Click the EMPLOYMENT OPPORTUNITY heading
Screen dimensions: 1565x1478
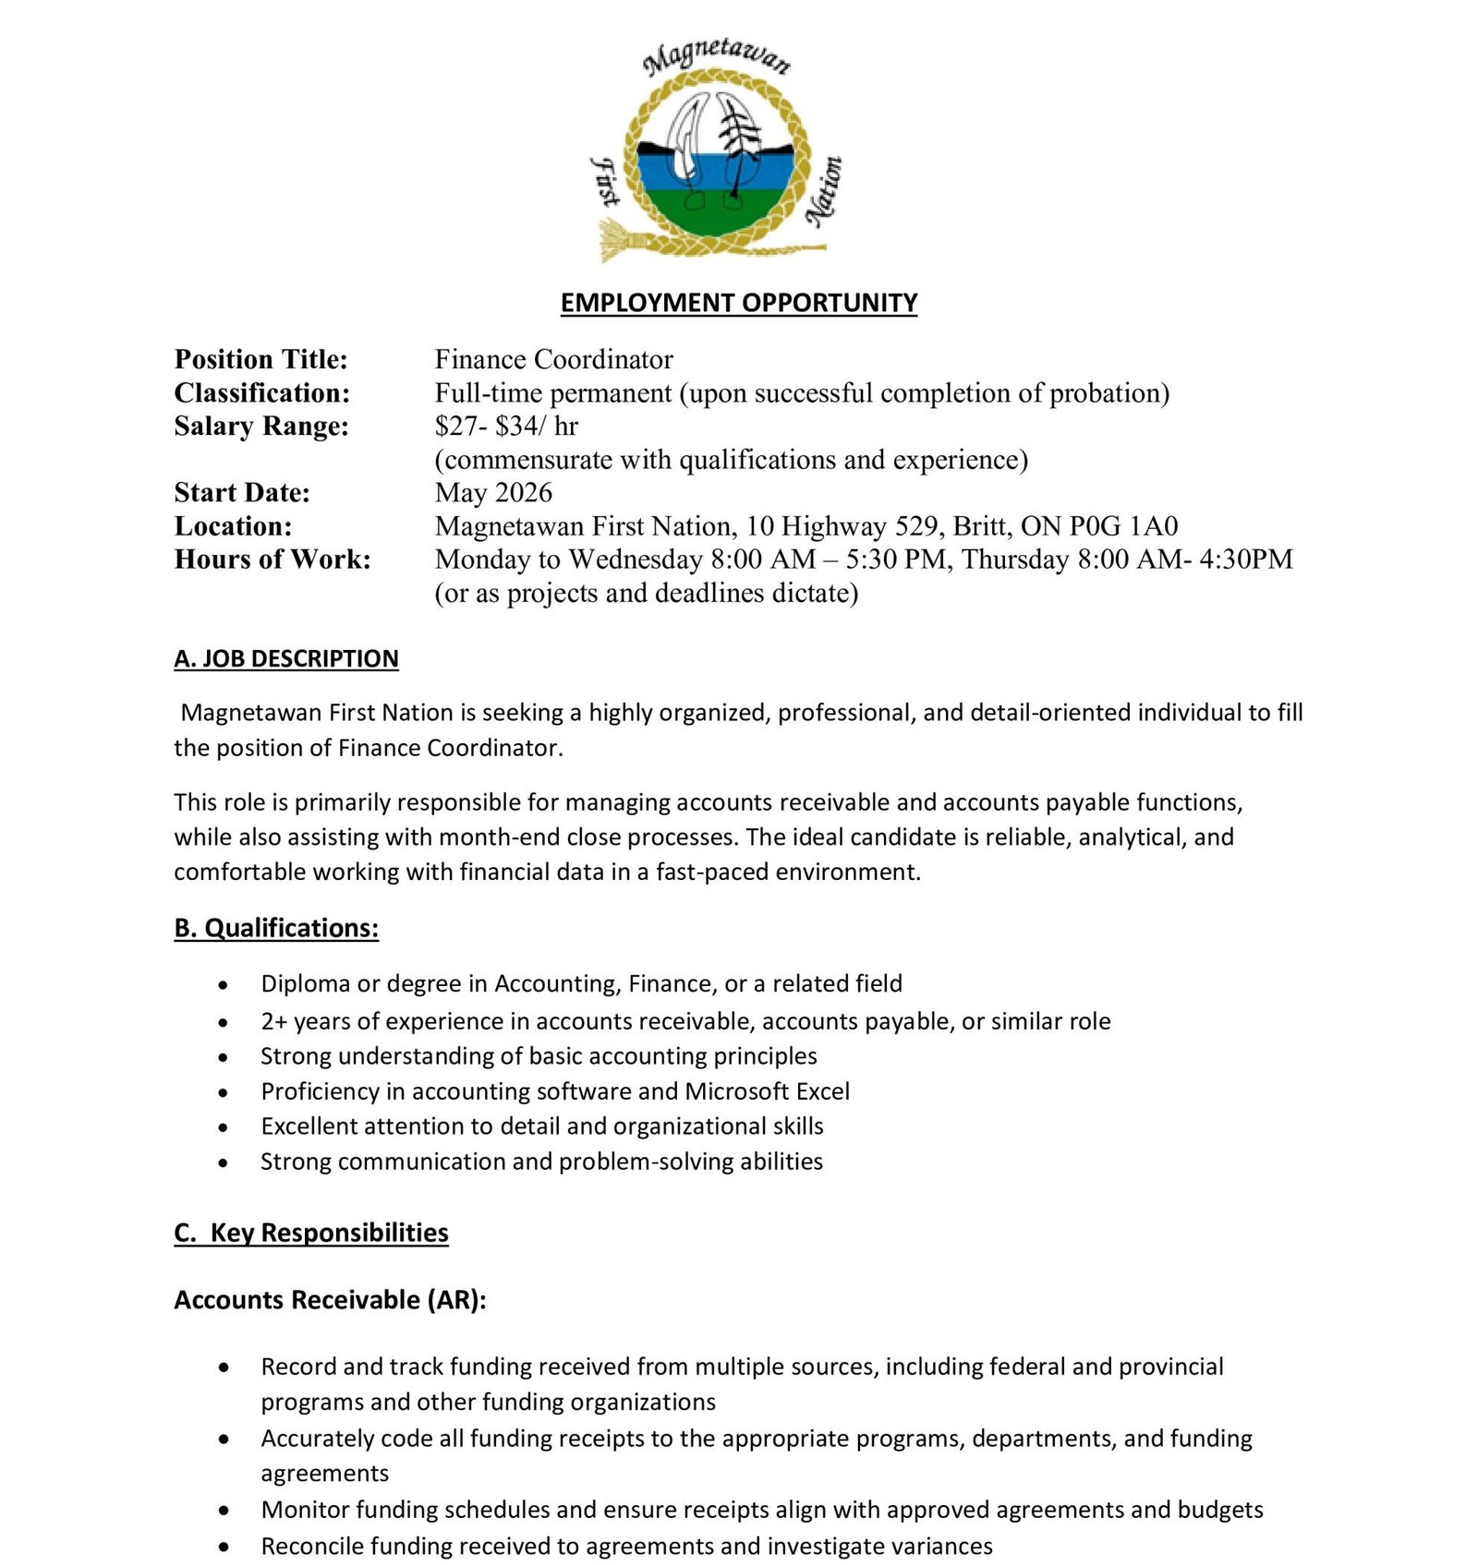tap(738, 303)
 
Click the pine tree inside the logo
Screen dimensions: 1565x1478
tap(737, 148)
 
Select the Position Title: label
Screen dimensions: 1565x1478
tap(260, 359)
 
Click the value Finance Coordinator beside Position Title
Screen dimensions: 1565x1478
tap(553, 359)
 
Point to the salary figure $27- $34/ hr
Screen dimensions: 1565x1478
tap(506, 426)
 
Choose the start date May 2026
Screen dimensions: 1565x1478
tap(493, 492)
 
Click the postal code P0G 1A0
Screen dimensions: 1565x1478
tap(1123, 525)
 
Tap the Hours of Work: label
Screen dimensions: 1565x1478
tap(272, 559)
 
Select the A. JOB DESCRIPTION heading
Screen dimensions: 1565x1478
tap(285, 658)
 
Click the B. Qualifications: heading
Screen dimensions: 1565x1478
tap(276, 927)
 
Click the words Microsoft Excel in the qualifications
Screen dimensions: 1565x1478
tap(767, 1091)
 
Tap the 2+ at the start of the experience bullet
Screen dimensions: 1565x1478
tap(274, 1021)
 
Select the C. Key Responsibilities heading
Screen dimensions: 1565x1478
tap(311, 1233)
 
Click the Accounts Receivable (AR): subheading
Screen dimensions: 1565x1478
tap(330, 1299)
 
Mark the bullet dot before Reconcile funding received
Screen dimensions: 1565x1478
tap(224, 1547)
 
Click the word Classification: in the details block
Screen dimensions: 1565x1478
tap(261, 392)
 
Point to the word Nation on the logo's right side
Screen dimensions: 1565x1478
tap(824, 191)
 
